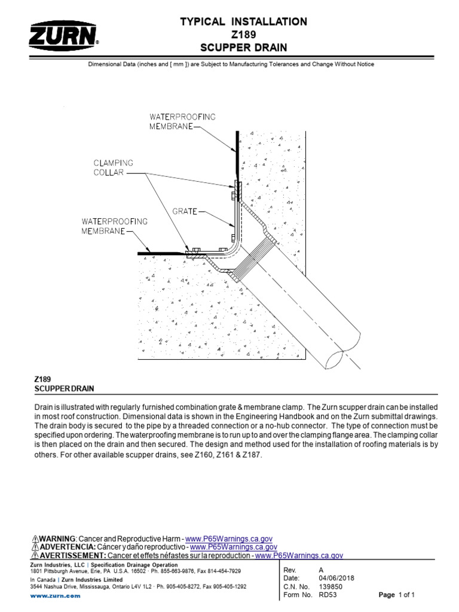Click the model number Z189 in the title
[x=243, y=35]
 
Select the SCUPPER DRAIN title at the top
[x=243, y=47]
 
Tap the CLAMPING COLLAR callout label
[x=113, y=167]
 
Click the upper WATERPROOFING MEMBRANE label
[x=174, y=120]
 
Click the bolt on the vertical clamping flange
[x=234, y=194]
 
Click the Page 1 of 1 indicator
[x=397, y=595]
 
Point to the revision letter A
[x=322, y=570]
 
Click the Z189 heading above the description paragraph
[x=42, y=380]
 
